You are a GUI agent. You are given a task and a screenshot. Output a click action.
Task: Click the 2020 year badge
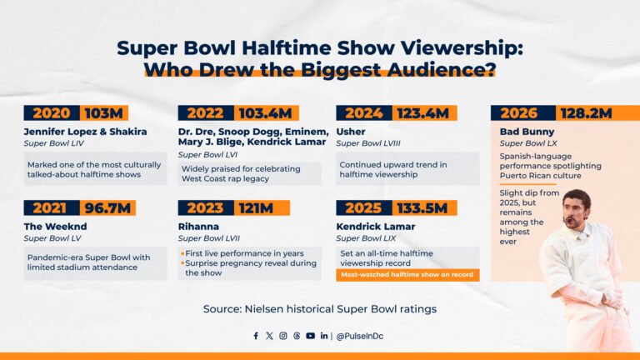tap(51, 113)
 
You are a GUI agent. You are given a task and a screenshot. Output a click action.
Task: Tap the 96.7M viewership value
tap(107, 207)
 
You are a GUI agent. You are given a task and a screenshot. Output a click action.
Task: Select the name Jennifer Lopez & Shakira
tap(85, 132)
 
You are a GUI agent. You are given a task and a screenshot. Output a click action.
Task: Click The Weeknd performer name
tap(55, 226)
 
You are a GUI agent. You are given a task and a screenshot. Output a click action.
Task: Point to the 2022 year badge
tap(205, 113)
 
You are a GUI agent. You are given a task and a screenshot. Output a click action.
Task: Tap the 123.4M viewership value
tap(422, 113)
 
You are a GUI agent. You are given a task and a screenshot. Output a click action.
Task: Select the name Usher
tap(352, 132)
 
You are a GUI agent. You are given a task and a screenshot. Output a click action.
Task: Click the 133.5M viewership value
tap(422, 207)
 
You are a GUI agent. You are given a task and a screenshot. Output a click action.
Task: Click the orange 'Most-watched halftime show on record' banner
tap(407, 275)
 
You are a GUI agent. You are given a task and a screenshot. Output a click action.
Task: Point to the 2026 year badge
tap(518, 113)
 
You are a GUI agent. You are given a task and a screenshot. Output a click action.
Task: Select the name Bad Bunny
tap(527, 132)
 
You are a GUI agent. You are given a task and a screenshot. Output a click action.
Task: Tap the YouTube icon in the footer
tap(310, 336)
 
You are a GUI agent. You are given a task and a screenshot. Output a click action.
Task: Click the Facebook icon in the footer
tap(256, 336)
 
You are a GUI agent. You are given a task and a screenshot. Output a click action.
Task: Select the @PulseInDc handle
tap(361, 336)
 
